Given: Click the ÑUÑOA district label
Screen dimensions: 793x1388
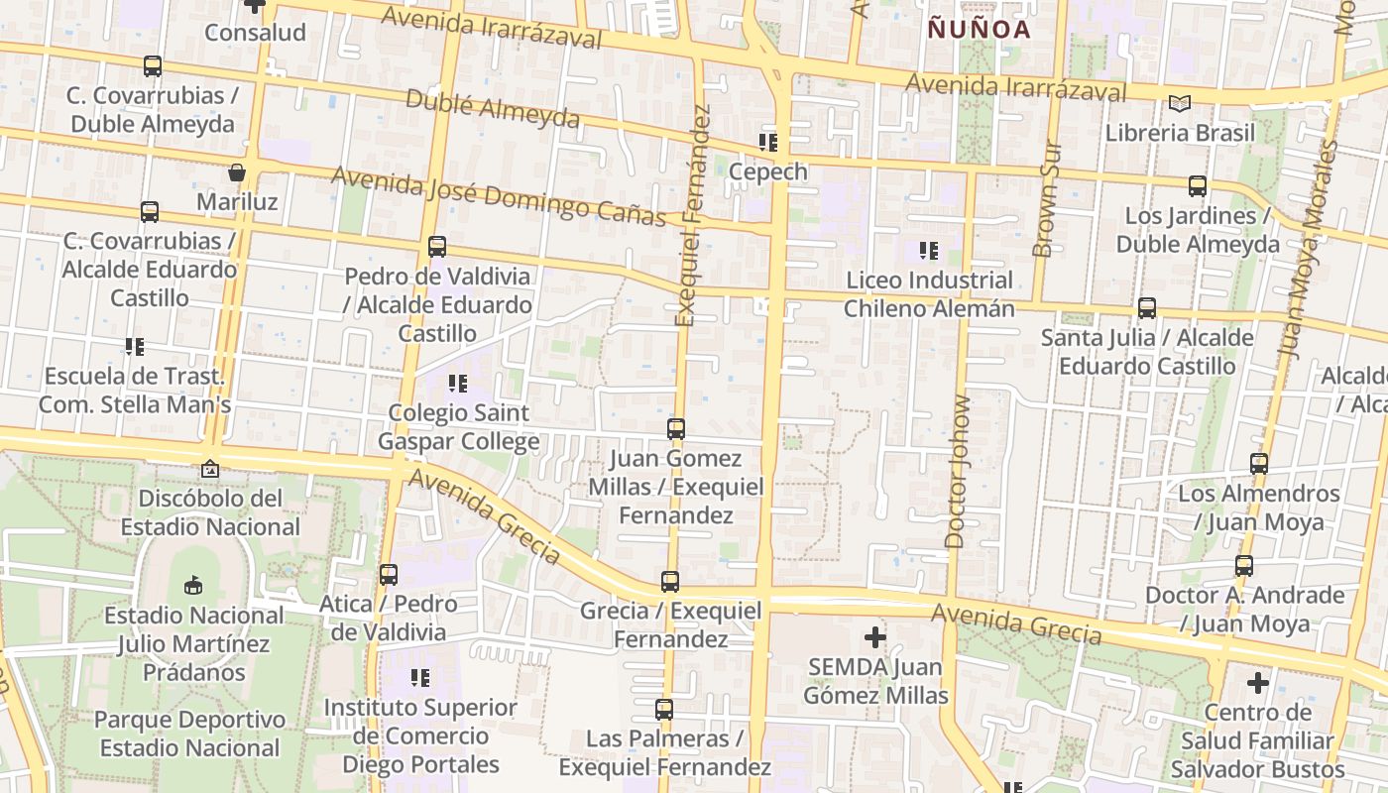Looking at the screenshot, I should click(x=979, y=30).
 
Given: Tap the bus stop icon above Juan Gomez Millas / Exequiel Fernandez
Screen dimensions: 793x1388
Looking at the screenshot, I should click(x=676, y=429).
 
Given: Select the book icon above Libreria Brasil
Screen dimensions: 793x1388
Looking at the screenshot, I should click(x=1179, y=103).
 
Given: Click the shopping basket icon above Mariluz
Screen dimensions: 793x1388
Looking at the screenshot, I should click(x=237, y=172).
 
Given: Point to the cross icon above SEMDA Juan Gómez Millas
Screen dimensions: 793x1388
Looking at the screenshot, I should click(x=874, y=637).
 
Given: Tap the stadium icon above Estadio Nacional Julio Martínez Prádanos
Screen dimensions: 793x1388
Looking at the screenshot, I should click(x=193, y=585).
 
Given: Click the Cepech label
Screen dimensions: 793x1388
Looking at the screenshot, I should click(x=768, y=171).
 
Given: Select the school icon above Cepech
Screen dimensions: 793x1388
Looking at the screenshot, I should click(x=768, y=143).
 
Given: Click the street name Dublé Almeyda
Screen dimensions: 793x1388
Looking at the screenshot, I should click(x=493, y=108).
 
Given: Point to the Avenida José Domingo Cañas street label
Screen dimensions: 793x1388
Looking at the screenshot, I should click(x=498, y=195).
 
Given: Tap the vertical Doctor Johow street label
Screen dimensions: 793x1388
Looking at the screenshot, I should click(x=959, y=472).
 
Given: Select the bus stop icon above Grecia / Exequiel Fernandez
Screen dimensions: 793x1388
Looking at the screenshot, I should click(x=670, y=582).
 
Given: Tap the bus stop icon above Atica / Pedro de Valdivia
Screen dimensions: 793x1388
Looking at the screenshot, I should click(x=389, y=575).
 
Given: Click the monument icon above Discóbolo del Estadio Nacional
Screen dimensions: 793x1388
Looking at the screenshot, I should click(x=210, y=469).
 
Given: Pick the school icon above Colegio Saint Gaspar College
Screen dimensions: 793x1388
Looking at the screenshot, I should click(x=458, y=384).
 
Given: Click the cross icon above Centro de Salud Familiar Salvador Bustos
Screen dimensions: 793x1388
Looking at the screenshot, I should click(x=1258, y=683).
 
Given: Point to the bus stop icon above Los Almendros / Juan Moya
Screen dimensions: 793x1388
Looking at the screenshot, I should click(x=1259, y=464).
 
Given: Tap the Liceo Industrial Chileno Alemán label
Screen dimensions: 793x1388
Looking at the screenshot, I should click(x=929, y=294).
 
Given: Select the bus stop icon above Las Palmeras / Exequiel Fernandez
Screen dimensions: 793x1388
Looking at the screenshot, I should click(x=664, y=710).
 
